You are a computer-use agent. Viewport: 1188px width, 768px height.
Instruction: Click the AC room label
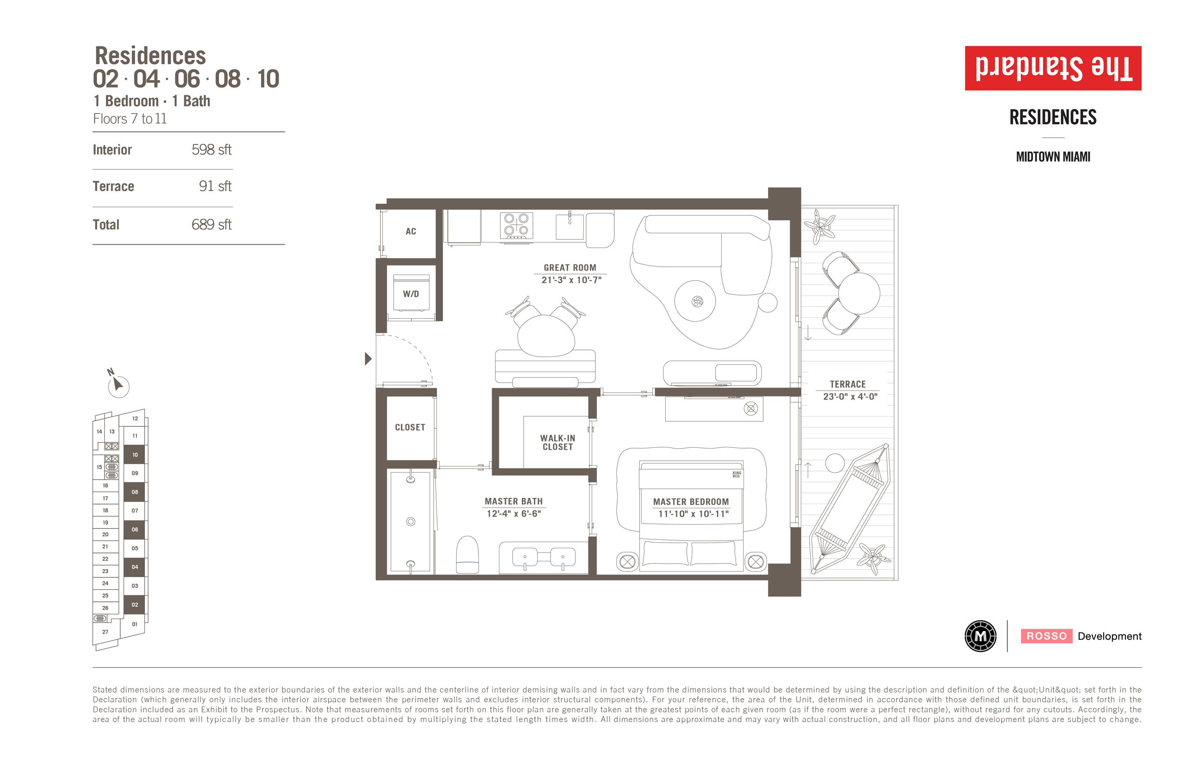coord(411,231)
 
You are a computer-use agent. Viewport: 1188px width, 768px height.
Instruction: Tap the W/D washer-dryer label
coord(411,294)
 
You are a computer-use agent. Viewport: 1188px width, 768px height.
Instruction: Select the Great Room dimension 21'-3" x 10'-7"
coord(572,280)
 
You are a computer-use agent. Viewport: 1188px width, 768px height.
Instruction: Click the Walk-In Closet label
coord(558,442)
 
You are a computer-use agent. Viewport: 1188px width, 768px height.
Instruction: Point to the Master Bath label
coord(513,501)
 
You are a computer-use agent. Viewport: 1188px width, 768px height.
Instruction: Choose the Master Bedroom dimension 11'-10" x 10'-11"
coord(693,514)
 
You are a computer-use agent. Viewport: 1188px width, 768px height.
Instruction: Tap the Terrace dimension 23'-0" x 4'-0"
coord(850,397)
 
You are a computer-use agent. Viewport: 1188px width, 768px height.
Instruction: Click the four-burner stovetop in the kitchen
coord(517,225)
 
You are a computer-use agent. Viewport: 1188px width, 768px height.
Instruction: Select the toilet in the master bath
coord(467,555)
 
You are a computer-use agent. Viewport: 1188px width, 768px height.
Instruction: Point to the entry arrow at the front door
coord(369,358)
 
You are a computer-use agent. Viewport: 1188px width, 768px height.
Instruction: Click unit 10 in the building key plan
coord(135,455)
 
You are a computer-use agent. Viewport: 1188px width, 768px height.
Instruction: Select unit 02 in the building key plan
coord(135,605)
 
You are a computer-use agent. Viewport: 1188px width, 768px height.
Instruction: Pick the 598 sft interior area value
coord(212,149)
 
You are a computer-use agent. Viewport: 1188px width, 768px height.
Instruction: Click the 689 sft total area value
coord(212,224)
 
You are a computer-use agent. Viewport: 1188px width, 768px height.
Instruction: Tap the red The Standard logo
coord(1053,68)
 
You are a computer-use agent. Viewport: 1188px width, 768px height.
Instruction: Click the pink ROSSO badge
coord(1047,636)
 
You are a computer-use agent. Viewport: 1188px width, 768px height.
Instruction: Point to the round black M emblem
coord(980,636)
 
